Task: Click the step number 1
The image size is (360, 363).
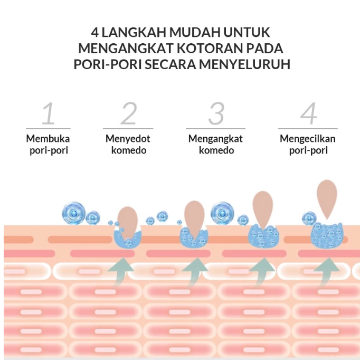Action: click(x=49, y=113)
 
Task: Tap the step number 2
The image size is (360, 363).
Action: click(x=129, y=113)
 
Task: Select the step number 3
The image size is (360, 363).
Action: click(x=216, y=113)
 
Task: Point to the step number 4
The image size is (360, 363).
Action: click(x=309, y=113)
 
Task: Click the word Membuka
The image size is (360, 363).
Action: click(x=48, y=139)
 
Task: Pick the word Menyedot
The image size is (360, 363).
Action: click(x=128, y=139)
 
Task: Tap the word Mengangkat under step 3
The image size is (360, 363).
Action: click(x=215, y=139)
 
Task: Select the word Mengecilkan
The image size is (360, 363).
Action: click(x=308, y=139)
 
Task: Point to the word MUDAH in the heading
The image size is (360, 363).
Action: click(x=195, y=32)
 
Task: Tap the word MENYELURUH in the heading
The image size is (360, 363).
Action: click(x=244, y=64)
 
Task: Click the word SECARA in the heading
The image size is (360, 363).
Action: click(x=170, y=64)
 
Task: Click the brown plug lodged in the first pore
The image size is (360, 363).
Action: click(x=127, y=222)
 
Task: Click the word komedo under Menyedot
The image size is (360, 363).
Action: click(x=129, y=150)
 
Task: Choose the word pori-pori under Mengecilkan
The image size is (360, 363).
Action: click(x=308, y=150)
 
